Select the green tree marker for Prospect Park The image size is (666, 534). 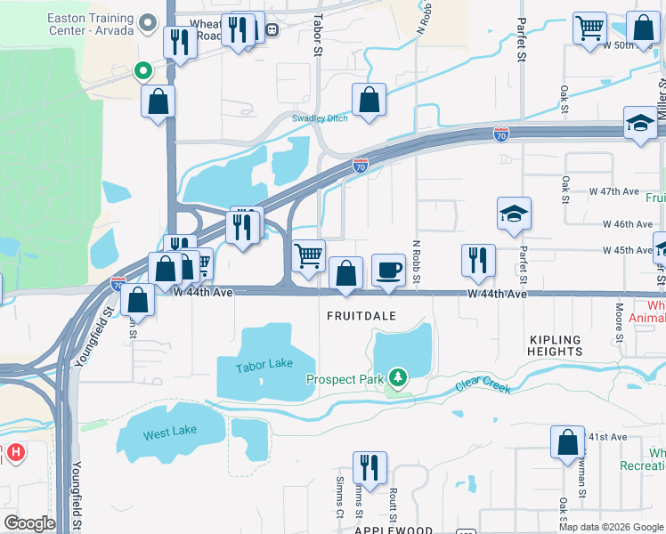coord(396,380)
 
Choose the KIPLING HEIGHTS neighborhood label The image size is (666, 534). coord(555,345)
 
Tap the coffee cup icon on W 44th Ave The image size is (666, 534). coord(387,270)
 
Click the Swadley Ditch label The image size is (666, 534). coord(320,118)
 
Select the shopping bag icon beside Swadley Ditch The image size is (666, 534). coord(368,101)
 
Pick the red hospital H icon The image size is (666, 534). coord(15,453)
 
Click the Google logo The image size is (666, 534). coord(29,522)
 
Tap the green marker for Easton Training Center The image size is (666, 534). coord(142,70)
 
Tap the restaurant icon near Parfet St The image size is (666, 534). coord(478,259)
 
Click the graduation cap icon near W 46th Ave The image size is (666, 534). coord(514,214)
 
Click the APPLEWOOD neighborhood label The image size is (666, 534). coord(394,530)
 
